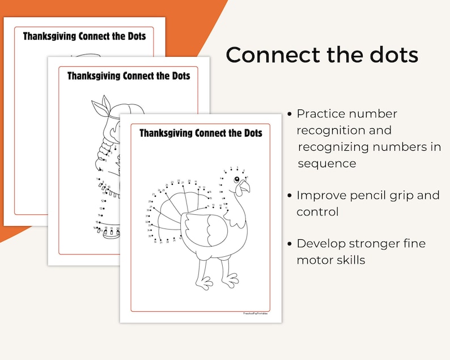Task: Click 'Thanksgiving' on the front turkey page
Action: [165, 133]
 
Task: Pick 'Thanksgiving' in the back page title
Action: [50, 36]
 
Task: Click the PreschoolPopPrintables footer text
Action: [256, 313]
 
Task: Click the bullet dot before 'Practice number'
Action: [290, 114]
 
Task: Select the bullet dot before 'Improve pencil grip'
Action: [290, 196]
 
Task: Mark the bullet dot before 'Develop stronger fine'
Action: [290, 244]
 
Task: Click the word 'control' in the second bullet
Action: [317, 212]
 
